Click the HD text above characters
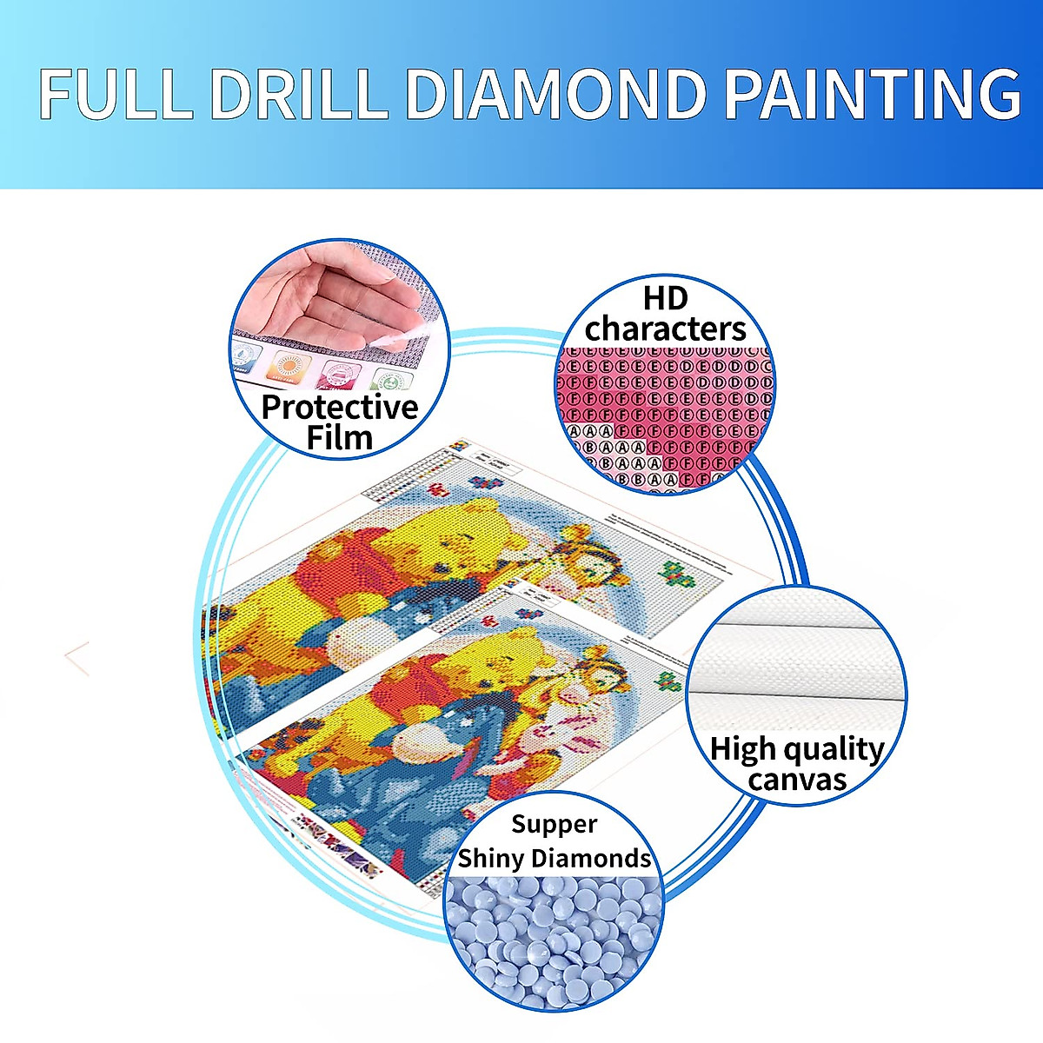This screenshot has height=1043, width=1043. (665, 298)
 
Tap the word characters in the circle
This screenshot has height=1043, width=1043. (665, 329)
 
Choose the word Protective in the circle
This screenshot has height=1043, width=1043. (340, 407)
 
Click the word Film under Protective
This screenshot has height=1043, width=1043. (340, 437)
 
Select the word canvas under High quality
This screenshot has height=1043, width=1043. (796, 779)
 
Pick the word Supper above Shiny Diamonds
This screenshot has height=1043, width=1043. (554, 824)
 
